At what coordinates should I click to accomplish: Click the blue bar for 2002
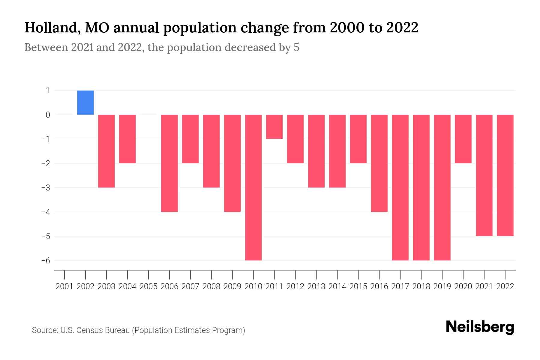tap(85, 103)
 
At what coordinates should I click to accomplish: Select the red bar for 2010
tap(253, 187)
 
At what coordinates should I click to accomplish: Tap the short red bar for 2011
tap(274, 127)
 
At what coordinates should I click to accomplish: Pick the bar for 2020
tap(463, 139)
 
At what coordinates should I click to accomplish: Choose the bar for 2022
tap(505, 175)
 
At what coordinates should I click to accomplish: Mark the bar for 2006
tap(169, 163)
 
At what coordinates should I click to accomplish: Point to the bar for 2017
tap(400, 187)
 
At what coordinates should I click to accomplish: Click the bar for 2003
tap(106, 151)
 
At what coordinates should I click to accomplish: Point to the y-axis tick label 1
tap(48, 90)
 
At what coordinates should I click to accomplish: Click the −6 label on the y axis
tap(46, 260)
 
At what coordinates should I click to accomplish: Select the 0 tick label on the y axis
tap(48, 115)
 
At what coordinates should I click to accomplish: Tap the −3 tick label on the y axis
tap(46, 187)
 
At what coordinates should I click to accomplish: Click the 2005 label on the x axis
tap(148, 286)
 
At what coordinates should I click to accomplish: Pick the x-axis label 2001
tap(64, 286)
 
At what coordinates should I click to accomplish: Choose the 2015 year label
tap(358, 286)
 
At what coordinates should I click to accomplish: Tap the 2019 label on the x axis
tap(442, 286)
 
